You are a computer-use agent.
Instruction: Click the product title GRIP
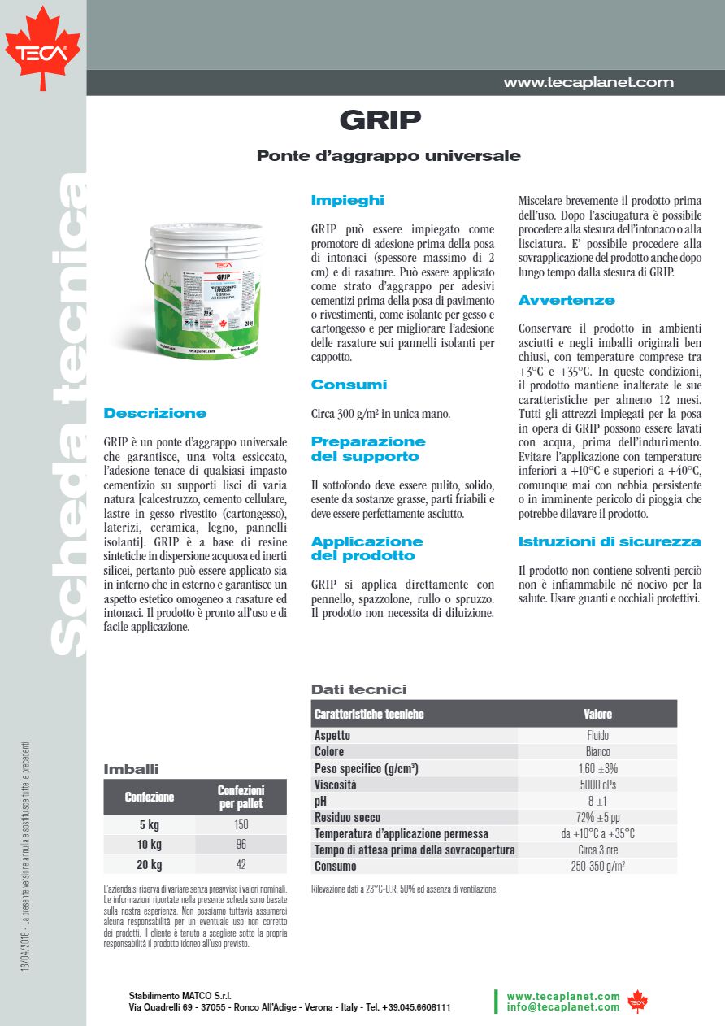point(380,120)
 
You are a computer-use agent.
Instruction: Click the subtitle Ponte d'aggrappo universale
point(389,155)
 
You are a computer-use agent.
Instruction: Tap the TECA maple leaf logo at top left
point(42,48)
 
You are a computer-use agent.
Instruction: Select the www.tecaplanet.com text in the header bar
point(588,82)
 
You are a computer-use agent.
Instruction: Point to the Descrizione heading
point(155,413)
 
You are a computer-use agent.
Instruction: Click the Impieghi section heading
point(347,200)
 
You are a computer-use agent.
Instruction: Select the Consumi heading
point(349,385)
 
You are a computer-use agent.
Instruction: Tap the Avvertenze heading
point(567,300)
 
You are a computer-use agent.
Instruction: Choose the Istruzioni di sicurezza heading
point(610,541)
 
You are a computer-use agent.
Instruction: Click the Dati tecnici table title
point(358,689)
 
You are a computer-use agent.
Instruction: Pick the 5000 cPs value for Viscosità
point(597,785)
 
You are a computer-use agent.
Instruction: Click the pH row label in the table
point(320,801)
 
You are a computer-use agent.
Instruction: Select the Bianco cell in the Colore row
point(597,751)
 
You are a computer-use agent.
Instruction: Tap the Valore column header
point(597,714)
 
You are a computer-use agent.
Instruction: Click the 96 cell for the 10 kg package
point(241,844)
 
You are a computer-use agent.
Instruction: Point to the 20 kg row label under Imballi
point(150,864)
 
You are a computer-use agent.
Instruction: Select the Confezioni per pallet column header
point(241,797)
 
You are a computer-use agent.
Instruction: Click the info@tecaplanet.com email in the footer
point(562,1007)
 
